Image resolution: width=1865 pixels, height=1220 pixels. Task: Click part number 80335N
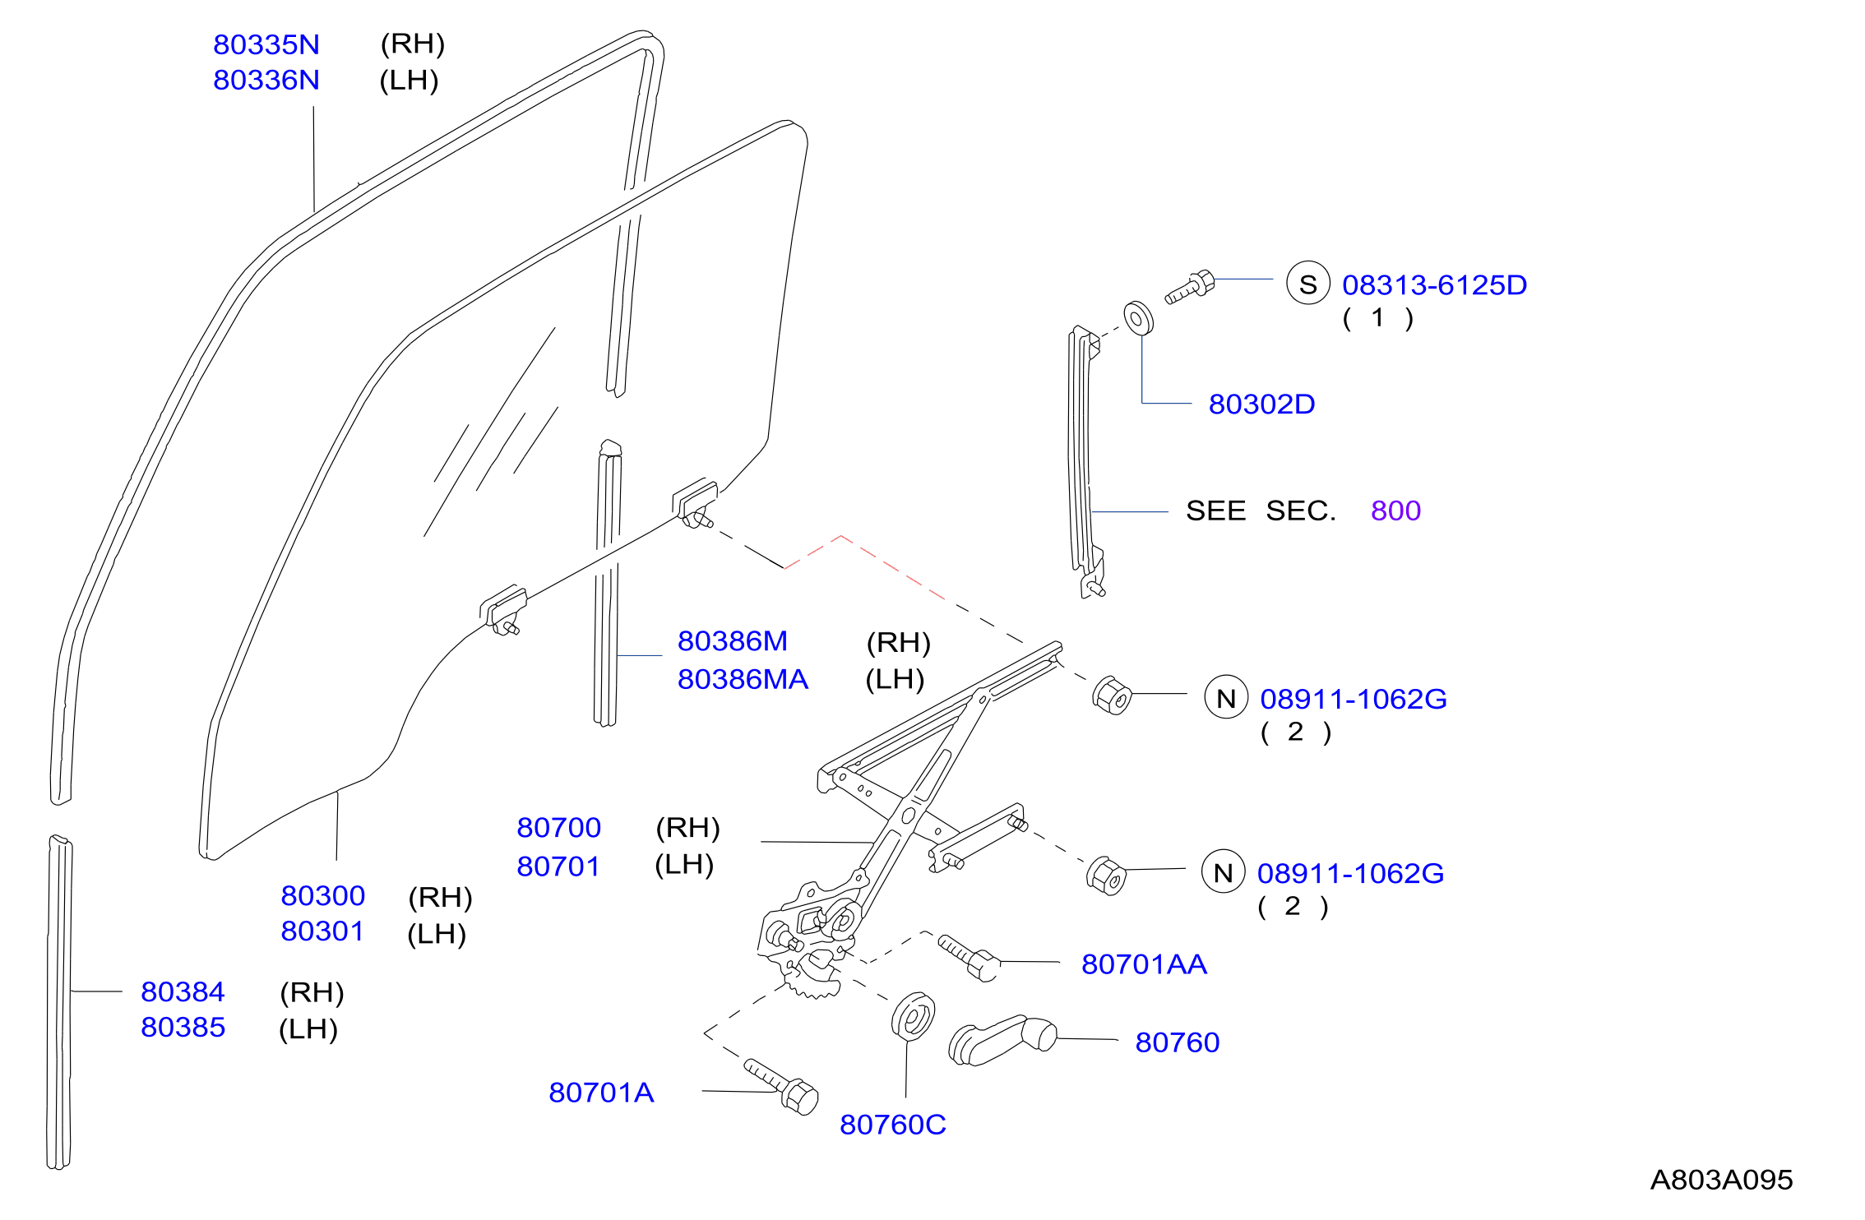[266, 44]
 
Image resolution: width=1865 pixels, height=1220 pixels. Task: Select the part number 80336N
[266, 80]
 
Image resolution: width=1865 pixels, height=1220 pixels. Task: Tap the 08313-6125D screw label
[1434, 284]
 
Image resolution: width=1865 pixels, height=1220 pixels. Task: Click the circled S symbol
[1308, 283]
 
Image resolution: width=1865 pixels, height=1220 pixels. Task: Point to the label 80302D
[1261, 404]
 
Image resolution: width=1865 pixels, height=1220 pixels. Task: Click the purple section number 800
[1395, 511]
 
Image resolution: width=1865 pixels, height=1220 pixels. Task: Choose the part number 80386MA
[743, 679]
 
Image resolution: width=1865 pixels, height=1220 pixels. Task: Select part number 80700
[558, 827]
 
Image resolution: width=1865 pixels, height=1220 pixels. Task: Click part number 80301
[322, 931]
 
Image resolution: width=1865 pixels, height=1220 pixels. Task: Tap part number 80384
[183, 991]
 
